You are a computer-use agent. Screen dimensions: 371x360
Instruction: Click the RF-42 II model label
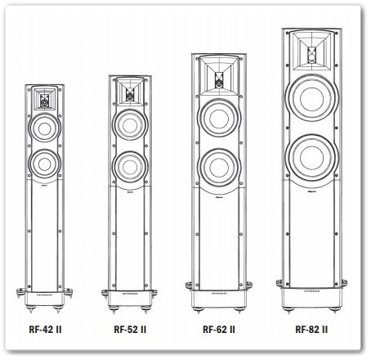click(45, 330)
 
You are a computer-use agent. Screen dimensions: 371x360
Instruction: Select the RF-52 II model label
click(130, 330)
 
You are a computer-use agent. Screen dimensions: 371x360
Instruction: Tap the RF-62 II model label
click(219, 330)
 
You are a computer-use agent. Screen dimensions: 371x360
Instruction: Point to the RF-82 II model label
click(311, 330)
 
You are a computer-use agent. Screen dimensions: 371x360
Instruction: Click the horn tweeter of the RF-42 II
click(44, 99)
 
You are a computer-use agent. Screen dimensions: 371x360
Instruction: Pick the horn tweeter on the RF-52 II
click(130, 92)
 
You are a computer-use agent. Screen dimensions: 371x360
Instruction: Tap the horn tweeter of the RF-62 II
click(219, 76)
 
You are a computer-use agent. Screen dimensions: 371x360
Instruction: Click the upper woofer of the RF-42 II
click(44, 128)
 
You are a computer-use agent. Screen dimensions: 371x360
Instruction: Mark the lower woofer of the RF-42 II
click(44, 164)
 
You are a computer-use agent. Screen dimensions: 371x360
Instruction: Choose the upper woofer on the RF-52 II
click(130, 125)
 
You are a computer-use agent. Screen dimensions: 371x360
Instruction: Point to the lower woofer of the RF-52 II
click(130, 167)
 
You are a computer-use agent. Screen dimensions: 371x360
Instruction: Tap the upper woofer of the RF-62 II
click(219, 119)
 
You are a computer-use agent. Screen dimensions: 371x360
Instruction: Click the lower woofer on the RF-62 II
click(219, 168)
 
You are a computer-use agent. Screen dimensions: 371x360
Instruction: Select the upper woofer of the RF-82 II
click(312, 98)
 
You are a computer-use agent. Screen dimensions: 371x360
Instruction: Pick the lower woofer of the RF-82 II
click(312, 157)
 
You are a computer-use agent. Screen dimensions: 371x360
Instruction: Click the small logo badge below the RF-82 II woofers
click(312, 191)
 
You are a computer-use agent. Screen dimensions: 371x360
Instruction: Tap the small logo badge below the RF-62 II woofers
click(219, 196)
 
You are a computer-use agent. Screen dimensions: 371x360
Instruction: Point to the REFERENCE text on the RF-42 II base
click(44, 295)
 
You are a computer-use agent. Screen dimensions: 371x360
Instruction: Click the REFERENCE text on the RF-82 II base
click(312, 291)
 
